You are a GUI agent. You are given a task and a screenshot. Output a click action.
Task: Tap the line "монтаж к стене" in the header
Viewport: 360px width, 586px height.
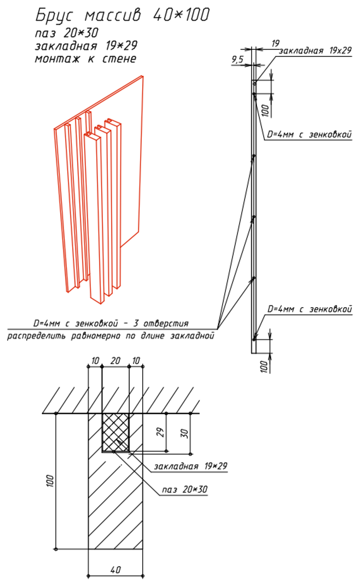point(86,58)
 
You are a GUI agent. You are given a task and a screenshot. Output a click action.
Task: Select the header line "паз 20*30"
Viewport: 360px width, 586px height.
point(67,33)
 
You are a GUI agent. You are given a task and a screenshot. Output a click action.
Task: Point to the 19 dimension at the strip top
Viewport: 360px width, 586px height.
point(275,44)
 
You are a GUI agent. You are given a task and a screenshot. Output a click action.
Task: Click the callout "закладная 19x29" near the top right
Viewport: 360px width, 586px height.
point(315,51)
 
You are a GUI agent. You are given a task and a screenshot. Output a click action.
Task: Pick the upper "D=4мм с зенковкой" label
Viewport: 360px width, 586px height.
point(309,135)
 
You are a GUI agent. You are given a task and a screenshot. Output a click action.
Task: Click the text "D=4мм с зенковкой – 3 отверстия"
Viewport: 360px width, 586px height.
point(111,323)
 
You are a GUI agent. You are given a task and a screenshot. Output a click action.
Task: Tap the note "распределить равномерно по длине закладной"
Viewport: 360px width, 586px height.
point(111,336)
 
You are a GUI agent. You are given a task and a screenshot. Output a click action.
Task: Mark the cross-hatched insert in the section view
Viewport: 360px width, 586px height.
point(116,432)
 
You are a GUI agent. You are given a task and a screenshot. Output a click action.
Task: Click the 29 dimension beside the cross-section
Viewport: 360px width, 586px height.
point(161,432)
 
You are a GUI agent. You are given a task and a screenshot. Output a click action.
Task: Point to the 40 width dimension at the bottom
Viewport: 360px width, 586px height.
point(115,570)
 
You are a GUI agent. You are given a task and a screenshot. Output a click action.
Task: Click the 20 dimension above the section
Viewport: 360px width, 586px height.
point(115,361)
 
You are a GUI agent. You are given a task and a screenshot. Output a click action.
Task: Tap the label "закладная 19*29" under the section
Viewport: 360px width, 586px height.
point(191,466)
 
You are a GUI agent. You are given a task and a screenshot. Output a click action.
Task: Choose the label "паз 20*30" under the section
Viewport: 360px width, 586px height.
point(184,489)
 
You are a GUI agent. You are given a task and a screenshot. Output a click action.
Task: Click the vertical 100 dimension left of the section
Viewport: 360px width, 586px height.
point(50,481)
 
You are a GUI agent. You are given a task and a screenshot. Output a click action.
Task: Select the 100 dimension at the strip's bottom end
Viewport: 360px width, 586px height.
point(264,366)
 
